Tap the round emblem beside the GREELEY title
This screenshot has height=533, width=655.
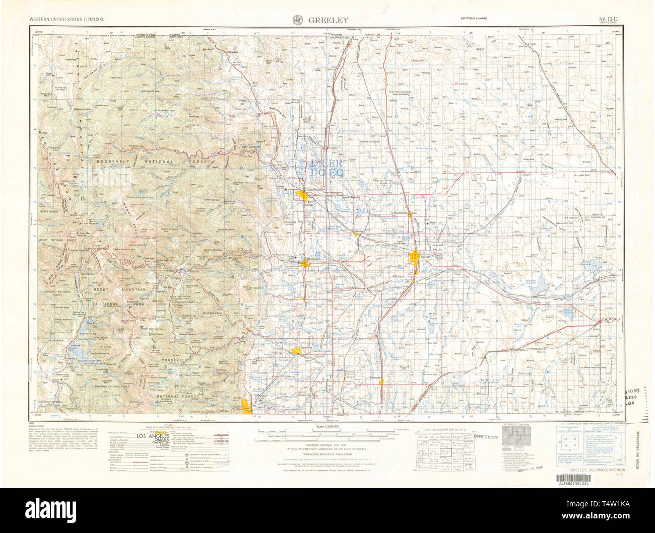point(297,20)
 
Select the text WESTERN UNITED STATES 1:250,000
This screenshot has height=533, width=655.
point(67,19)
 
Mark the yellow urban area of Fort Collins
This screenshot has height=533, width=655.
point(303,195)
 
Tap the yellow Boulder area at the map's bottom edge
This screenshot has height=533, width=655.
point(247,407)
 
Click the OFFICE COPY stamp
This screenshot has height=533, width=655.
point(485,437)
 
